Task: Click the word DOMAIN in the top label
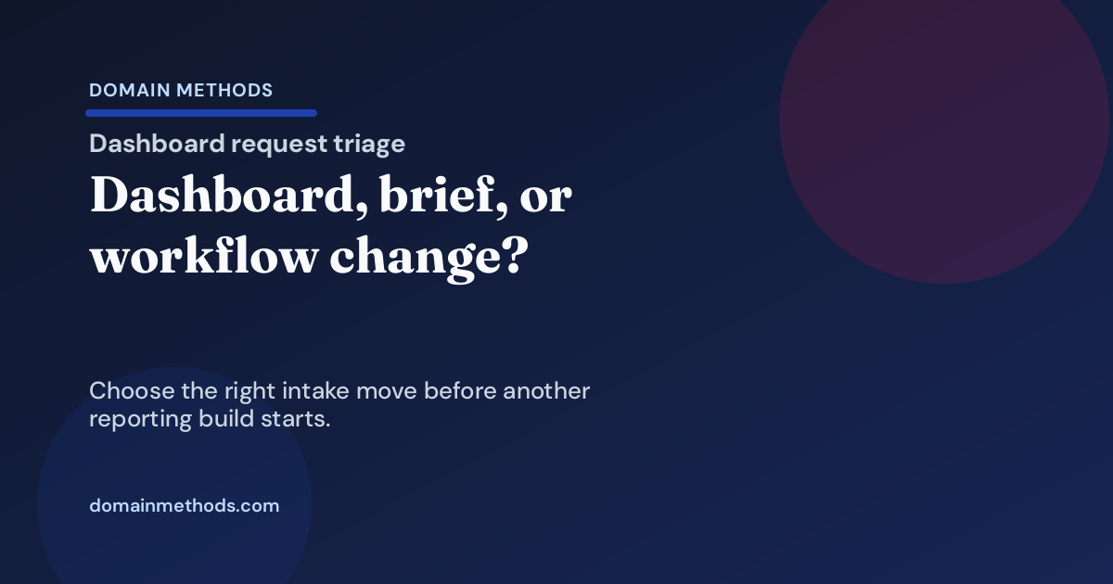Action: click(127, 91)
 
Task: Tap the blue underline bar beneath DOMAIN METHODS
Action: click(201, 113)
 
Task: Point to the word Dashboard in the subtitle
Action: click(158, 144)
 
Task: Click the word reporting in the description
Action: click(140, 419)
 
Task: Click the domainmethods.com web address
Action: click(184, 506)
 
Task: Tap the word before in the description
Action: click(459, 391)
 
